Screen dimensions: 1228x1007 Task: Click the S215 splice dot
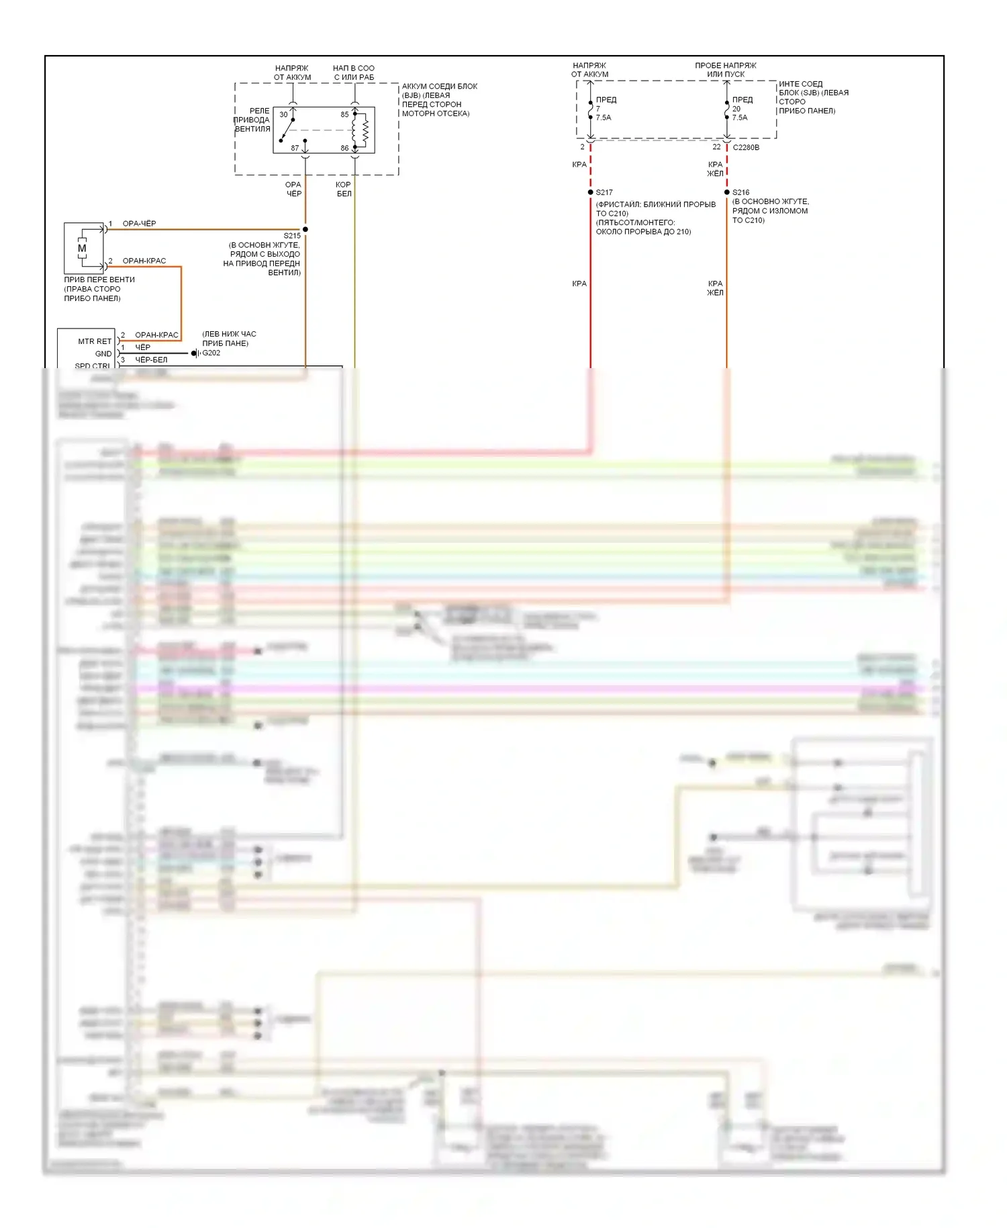tap(305, 229)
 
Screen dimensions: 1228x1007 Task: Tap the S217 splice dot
tap(591, 192)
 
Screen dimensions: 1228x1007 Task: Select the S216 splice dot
tap(727, 192)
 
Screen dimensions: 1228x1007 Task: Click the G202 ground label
tap(211, 353)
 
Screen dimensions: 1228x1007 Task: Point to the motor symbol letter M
tap(82, 248)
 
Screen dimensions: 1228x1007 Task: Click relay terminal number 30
tap(283, 114)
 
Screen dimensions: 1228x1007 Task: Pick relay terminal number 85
tap(344, 114)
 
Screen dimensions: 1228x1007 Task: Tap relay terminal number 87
tap(295, 148)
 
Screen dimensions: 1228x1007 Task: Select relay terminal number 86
tap(344, 148)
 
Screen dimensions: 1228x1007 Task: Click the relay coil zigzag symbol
tap(365, 130)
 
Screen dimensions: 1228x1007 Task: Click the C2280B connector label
tap(746, 147)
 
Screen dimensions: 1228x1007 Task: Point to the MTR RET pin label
tap(95, 341)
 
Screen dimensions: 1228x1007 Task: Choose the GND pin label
tap(103, 353)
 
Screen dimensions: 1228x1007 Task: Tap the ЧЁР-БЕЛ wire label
tap(151, 359)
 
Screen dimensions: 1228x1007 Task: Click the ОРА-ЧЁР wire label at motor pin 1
tap(139, 224)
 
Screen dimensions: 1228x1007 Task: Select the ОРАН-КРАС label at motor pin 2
tap(144, 261)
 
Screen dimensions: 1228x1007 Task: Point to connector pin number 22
tap(716, 147)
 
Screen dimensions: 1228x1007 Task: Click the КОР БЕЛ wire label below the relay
tap(344, 189)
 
